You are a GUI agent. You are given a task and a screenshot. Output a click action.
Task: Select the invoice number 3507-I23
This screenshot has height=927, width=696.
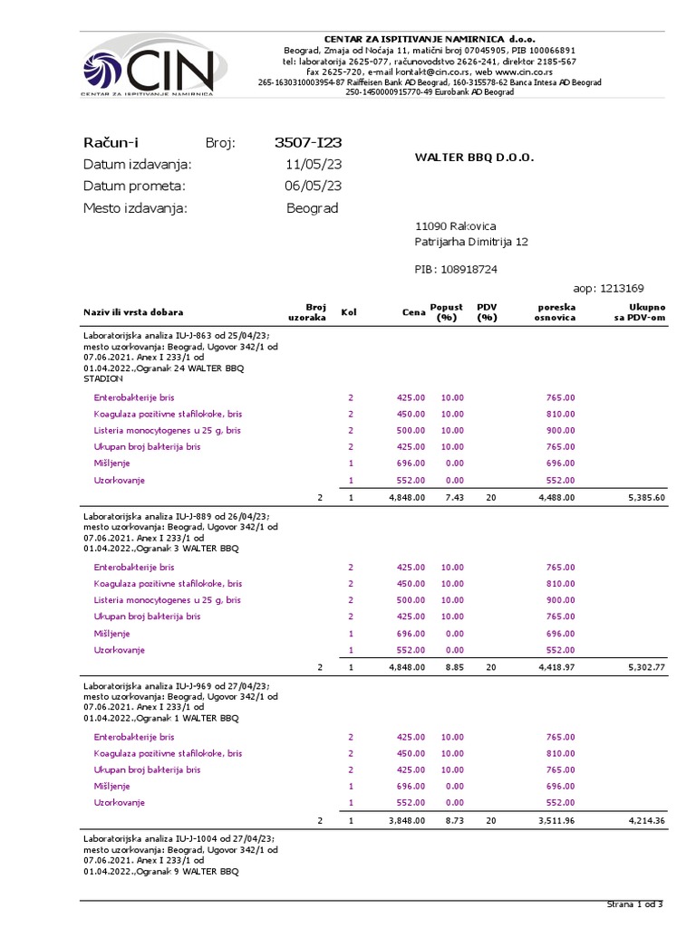(307, 142)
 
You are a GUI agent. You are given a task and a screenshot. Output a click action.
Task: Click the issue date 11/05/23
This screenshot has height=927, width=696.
(313, 164)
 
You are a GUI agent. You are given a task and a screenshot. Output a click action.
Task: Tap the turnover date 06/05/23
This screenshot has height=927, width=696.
(313, 186)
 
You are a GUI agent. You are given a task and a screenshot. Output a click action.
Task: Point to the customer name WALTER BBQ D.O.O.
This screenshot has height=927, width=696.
(474, 158)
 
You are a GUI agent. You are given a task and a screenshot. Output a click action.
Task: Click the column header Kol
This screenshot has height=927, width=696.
(349, 312)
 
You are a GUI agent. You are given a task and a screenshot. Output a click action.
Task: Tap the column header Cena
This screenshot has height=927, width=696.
(413, 312)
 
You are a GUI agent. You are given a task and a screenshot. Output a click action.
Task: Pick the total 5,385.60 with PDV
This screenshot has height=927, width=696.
(646, 497)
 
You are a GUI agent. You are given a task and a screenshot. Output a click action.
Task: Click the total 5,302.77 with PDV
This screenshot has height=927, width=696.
(646, 667)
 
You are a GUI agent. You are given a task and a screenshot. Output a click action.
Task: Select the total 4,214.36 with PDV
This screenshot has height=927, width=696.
(646, 820)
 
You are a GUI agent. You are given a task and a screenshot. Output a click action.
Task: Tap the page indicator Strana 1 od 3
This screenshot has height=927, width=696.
(634, 904)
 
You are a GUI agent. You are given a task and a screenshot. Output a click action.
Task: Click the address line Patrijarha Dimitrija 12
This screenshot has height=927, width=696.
(471, 242)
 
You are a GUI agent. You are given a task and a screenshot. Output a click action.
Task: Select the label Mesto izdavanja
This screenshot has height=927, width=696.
(135, 207)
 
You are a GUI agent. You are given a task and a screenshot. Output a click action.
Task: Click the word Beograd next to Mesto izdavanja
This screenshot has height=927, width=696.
(312, 207)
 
